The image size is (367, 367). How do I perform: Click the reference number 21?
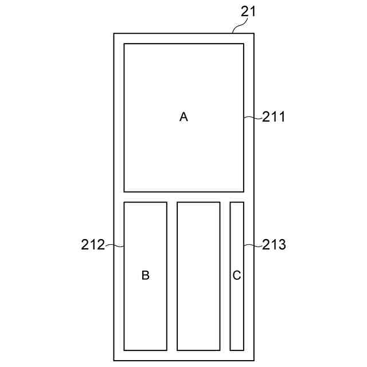[x=249, y=11]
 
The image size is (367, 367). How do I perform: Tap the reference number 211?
[x=274, y=117]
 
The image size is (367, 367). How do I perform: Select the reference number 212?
[x=93, y=245]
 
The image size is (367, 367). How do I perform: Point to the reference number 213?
[x=274, y=245]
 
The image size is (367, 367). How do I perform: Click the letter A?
[x=183, y=117]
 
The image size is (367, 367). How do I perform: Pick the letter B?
[x=146, y=276]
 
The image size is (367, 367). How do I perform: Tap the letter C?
[x=237, y=276]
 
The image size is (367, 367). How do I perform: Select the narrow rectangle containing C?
[x=237, y=310]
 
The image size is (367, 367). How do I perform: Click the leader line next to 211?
[x=253, y=118]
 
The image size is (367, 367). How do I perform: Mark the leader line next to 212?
[x=115, y=246]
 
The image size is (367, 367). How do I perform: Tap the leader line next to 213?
[x=253, y=246]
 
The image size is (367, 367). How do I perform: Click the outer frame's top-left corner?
[x=114, y=34]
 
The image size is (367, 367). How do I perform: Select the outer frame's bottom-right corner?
[x=254, y=360]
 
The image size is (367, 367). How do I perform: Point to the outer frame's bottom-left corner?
[x=114, y=360]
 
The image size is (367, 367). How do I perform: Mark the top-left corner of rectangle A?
[x=124, y=44]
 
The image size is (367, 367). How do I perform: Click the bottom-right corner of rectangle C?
[x=244, y=350]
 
